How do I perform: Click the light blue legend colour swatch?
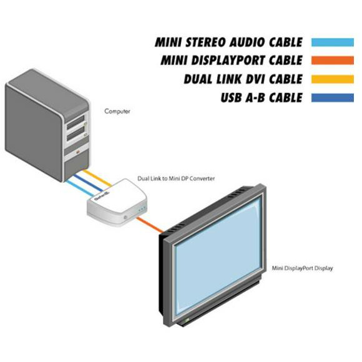[333, 42]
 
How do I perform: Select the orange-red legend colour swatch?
[333, 61]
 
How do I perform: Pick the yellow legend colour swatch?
[333, 79]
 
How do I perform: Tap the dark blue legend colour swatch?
[333, 97]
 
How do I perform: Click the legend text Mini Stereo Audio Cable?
[228, 42]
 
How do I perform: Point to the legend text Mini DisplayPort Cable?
[232, 61]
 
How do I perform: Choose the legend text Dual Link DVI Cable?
[243, 79]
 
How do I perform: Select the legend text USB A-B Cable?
[262, 97]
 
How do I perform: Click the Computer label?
[117, 111]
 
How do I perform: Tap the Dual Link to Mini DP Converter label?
[176, 179]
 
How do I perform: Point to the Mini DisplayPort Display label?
[303, 268]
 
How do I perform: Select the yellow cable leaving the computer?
[97, 178]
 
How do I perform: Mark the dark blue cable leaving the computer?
[89, 183]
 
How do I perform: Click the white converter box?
[117, 202]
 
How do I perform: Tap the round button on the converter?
[125, 217]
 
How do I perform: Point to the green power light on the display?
[186, 320]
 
